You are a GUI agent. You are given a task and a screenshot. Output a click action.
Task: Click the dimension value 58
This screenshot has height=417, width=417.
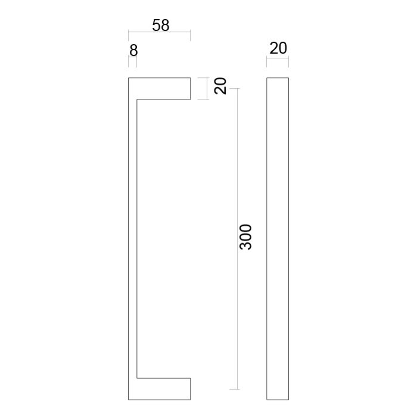point(161,25)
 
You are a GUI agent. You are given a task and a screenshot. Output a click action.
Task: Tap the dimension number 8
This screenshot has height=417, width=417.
point(133,51)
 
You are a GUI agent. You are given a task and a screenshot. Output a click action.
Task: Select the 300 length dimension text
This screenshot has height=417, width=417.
point(245,237)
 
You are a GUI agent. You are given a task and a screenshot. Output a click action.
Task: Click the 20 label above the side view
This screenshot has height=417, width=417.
point(278,48)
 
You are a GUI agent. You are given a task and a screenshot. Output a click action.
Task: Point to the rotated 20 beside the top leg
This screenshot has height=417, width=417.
point(220,87)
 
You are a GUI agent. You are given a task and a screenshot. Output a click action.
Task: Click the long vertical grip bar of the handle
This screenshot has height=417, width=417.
point(133,238)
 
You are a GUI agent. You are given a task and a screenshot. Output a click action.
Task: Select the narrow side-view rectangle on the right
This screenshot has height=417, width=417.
point(278,238)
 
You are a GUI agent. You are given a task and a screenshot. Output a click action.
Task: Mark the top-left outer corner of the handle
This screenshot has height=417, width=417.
point(129,78)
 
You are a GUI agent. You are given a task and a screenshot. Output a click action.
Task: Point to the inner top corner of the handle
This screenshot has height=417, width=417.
point(138,99)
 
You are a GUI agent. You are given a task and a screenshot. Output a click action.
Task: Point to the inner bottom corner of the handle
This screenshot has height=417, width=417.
point(138,378)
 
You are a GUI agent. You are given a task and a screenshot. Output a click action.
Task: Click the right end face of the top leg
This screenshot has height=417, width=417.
point(191,88)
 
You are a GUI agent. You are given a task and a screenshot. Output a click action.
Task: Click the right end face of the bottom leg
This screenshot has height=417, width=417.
point(191,388)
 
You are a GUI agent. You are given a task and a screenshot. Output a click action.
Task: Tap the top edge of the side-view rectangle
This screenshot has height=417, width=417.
point(278,78)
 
